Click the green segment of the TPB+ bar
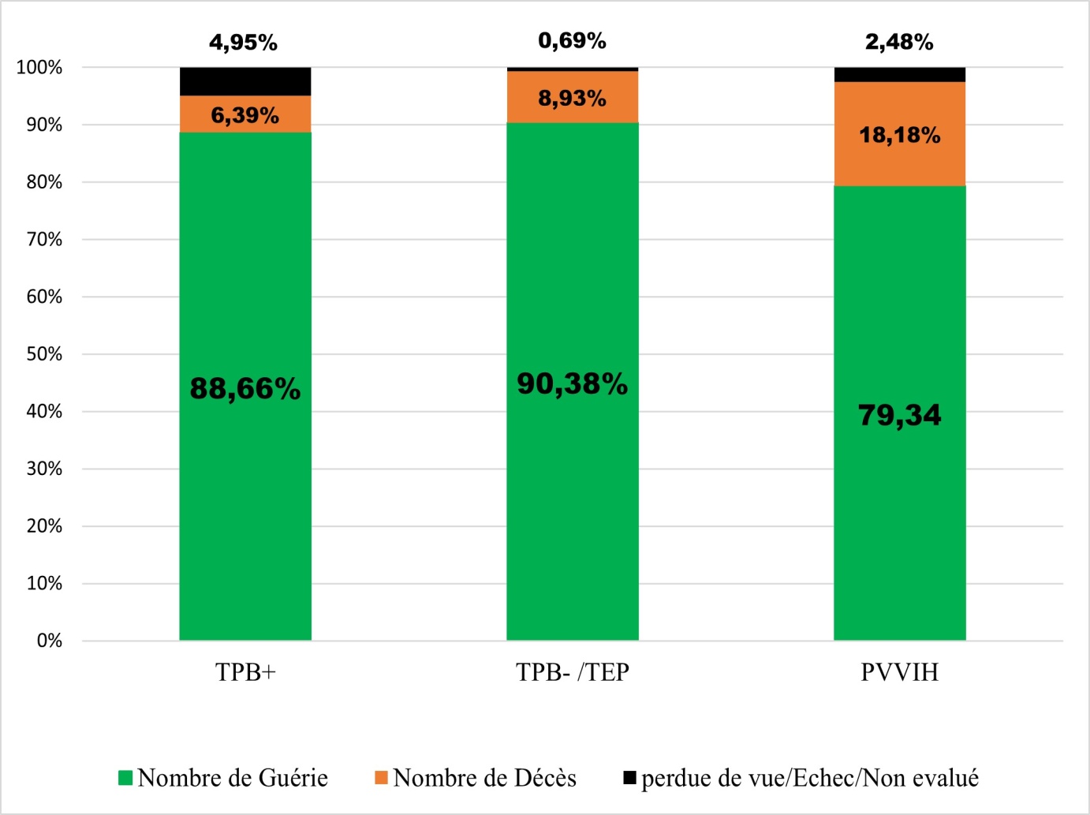[245, 386]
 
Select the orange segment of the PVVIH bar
[900, 133]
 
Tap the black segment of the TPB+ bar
[245, 81]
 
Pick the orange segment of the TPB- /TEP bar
[573, 97]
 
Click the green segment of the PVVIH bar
[900, 413]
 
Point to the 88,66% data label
[245, 388]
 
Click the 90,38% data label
[573, 384]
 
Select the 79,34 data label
[900, 415]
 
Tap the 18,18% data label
[900, 135]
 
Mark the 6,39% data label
[245, 115]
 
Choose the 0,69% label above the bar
[572, 41]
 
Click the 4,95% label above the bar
[244, 43]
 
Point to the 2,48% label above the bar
[899, 43]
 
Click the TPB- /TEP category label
[573, 672]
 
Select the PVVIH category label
[900, 672]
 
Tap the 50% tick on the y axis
[45, 354]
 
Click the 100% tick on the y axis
[39, 67]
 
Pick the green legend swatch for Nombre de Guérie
[125, 778]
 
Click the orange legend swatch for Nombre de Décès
[381, 778]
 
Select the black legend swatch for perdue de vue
[629, 778]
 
